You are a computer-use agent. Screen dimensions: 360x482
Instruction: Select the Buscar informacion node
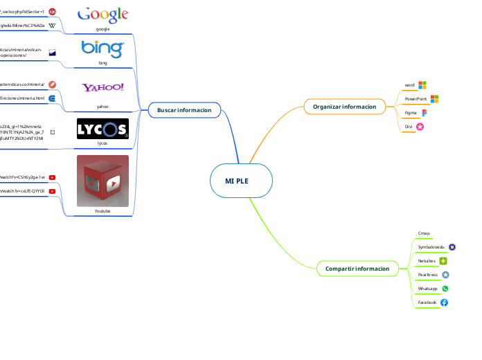184,109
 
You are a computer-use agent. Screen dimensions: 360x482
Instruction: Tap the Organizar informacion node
344,107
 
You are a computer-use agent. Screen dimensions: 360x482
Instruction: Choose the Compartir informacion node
357,268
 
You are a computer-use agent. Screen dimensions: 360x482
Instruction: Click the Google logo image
102,15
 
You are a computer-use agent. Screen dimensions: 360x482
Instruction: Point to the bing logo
102,49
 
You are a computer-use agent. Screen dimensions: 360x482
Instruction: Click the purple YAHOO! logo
102,87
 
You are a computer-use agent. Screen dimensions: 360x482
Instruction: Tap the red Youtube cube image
102,181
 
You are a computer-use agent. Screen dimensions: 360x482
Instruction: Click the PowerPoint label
416,99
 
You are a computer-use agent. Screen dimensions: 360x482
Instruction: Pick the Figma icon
424,112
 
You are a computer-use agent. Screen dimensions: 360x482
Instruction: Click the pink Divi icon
420,126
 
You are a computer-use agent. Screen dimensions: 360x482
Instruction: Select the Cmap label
424,233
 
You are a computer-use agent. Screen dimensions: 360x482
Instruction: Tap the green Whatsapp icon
445,289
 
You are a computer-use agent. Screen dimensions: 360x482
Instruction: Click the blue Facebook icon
444,303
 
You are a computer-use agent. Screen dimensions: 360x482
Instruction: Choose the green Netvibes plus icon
443,260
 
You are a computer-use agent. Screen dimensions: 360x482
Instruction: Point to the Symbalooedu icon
452,246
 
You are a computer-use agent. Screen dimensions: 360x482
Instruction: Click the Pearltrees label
427,275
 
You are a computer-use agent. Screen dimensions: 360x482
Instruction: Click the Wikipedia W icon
52,25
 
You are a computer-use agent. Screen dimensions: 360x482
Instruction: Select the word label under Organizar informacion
409,85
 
